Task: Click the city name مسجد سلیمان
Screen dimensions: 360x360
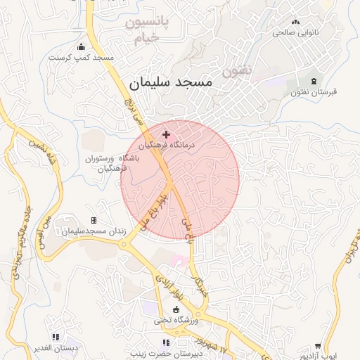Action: tap(171, 82)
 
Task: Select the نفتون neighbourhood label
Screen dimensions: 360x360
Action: tap(236, 71)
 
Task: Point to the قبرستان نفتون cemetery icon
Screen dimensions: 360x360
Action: tap(313, 82)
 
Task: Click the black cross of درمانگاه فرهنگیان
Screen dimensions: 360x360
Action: tap(166, 134)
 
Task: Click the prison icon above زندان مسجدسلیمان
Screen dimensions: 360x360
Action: tap(94, 221)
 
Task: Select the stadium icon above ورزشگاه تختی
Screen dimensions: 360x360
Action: tap(176, 310)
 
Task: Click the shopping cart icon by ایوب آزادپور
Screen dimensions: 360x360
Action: tap(318, 346)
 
